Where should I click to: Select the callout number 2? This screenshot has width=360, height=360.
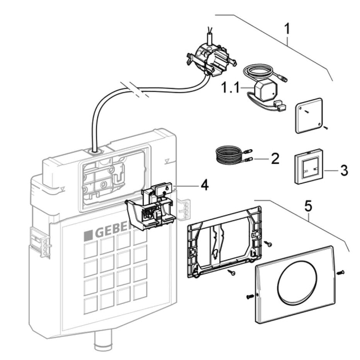tap(275, 158)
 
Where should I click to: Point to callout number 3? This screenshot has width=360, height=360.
tap(344, 170)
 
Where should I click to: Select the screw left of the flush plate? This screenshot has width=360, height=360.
tap(250, 297)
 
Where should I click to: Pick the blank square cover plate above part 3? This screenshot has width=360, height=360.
tap(309, 115)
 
